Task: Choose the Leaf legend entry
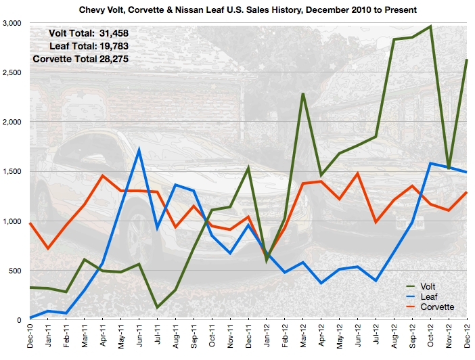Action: click(428, 296)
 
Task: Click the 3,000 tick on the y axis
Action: click(12, 23)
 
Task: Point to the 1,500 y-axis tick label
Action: click(12, 172)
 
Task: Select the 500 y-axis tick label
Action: click(16, 271)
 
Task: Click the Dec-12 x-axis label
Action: click(468, 337)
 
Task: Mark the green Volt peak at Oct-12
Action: click(431, 26)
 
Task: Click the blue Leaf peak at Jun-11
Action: click(139, 150)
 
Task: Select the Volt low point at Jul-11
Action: click(157, 308)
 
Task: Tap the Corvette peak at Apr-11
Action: click(102, 176)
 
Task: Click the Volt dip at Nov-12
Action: click(449, 168)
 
